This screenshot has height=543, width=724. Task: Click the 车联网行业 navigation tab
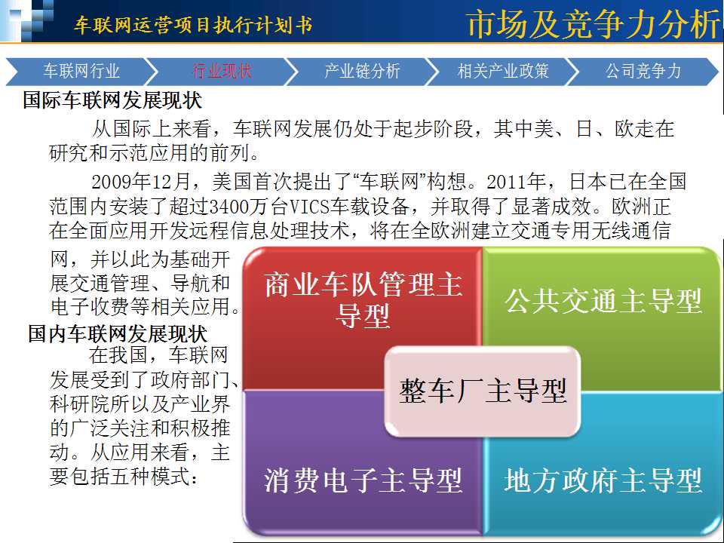(x=81, y=71)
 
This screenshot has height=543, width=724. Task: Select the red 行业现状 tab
(x=222, y=71)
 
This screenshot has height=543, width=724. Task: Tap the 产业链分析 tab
(x=362, y=71)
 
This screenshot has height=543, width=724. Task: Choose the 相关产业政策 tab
(x=503, y=71)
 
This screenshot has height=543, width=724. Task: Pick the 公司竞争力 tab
(x=643, y=71)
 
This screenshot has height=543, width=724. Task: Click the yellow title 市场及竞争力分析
(x=593, y=24)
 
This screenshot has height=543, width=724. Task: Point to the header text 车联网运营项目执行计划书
(x=194, y=25)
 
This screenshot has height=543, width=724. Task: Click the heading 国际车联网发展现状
(x=112, y=100)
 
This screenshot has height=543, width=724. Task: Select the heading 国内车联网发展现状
(x=118, y=333)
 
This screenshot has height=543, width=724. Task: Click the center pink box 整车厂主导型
(x=483, y=391)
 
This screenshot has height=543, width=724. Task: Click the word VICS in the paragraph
(x=309, y=207)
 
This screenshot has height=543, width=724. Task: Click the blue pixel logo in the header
(x=27, y=21)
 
